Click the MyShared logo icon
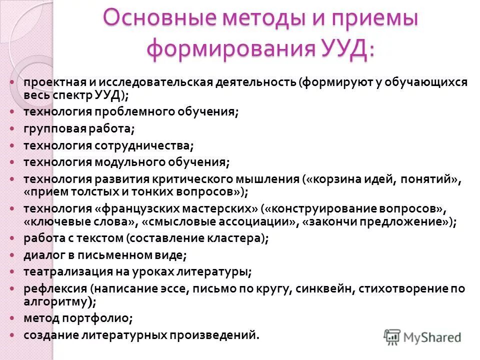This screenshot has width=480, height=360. pyautogui.click(x=392, y=336)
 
